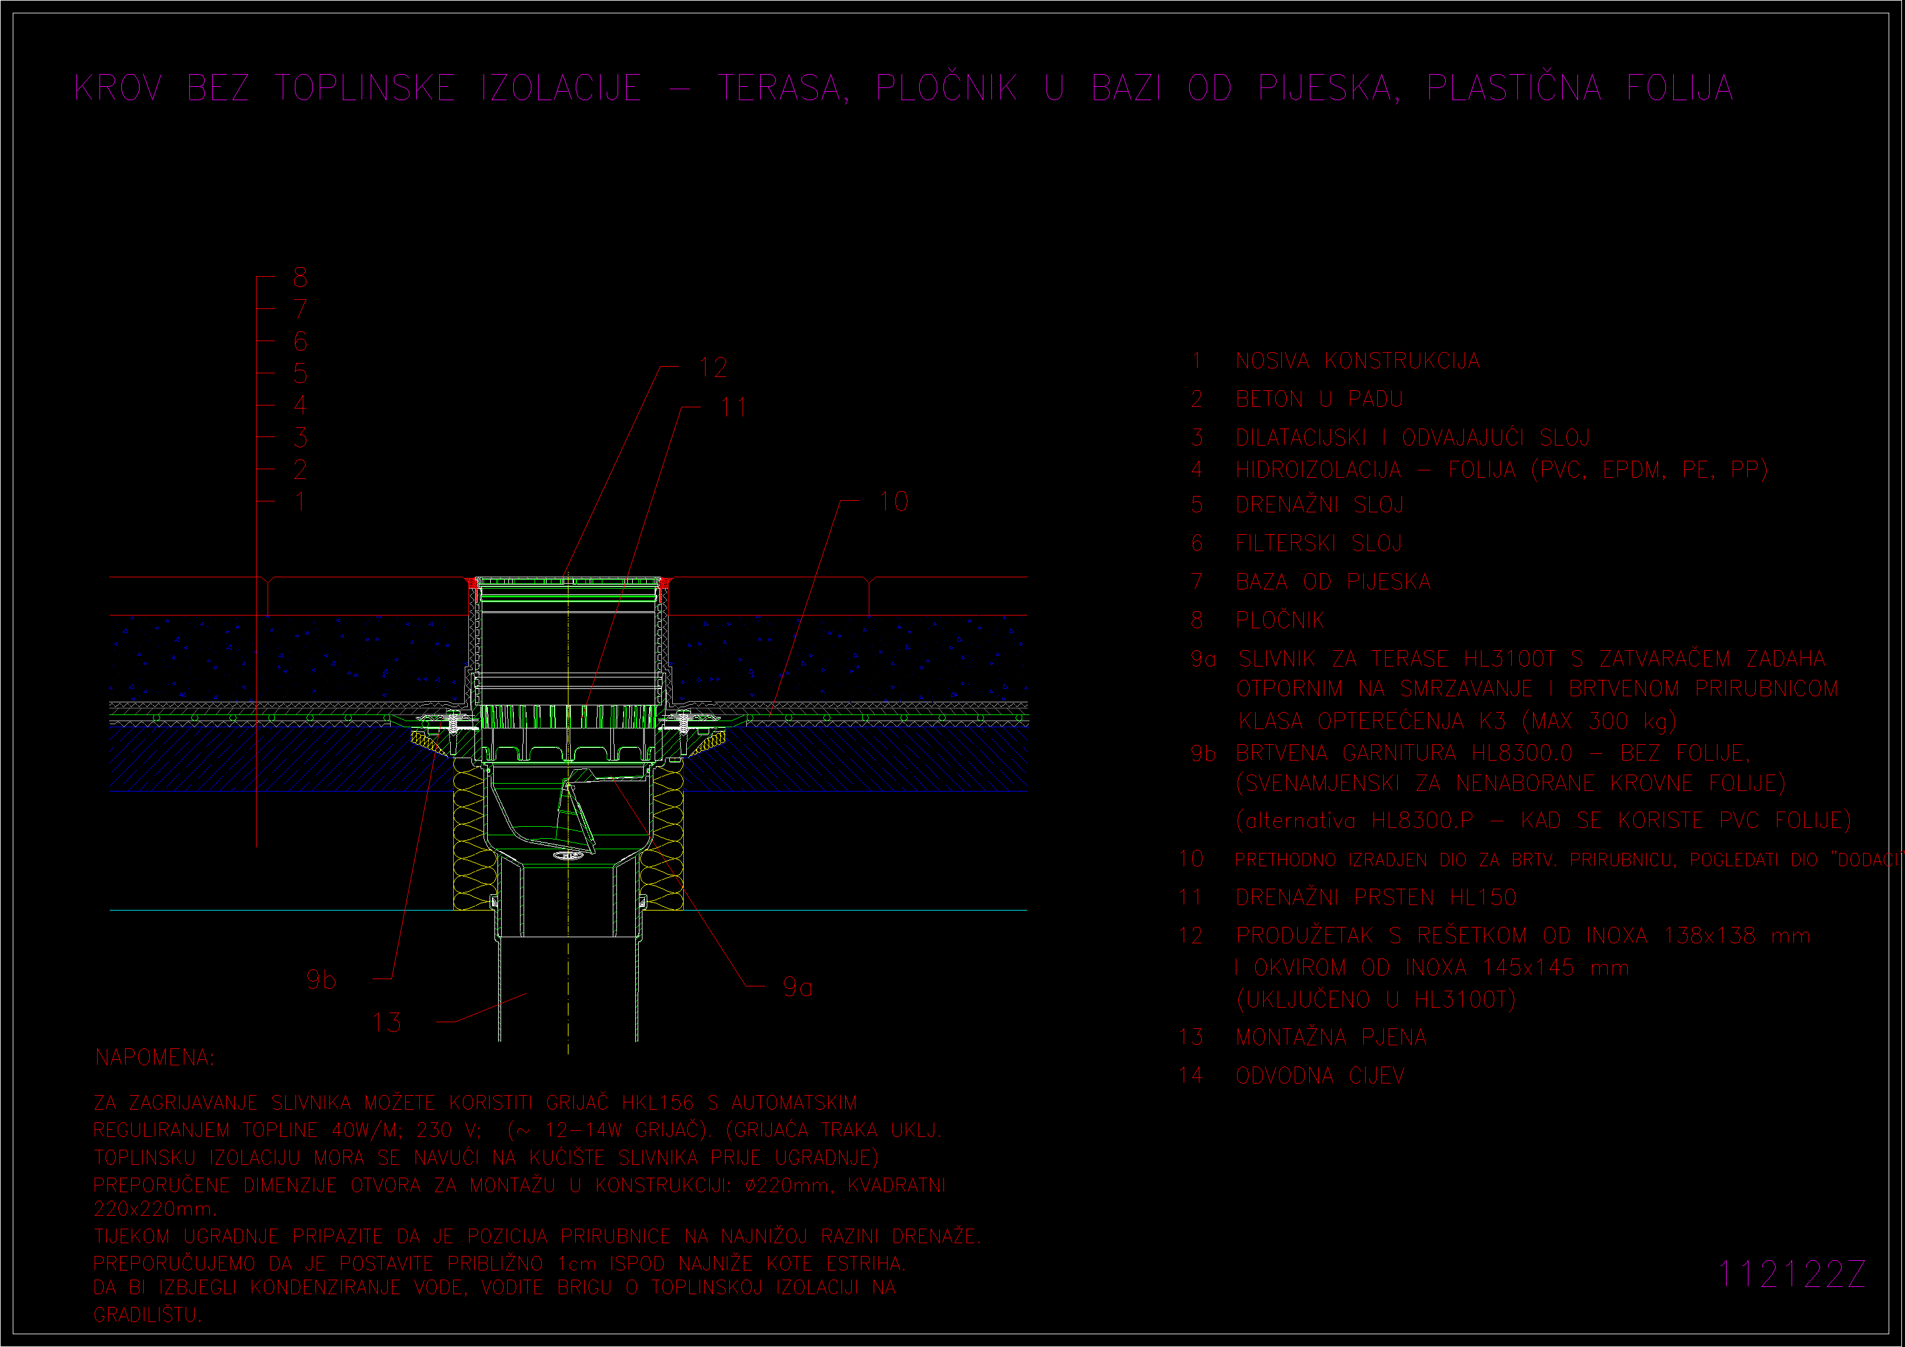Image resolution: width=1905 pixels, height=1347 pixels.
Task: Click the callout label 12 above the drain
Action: click(x=713, y=368)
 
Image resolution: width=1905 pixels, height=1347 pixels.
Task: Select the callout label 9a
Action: click(x=797, y=987)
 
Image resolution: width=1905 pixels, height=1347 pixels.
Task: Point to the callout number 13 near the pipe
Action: click(x=386, y=1022)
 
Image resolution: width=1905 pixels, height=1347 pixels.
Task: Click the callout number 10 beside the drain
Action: click(x=894, y=501)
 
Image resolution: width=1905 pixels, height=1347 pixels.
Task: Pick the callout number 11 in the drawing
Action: click(x=733, y=407)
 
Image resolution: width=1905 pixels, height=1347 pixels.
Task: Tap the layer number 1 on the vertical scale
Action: click(x=300, y=501)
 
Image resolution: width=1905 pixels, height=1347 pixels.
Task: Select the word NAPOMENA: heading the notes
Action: click(x=154, y=1057)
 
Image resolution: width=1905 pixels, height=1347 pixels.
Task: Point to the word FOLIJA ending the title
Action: click(x=1680, y=88)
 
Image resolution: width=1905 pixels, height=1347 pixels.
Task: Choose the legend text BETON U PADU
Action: click(x=1319, y=399)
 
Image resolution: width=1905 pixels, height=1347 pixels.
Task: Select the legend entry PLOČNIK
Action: click(x=1280, y=619)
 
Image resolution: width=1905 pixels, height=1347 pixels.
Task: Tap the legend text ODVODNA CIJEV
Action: click(x=1320, y=1076)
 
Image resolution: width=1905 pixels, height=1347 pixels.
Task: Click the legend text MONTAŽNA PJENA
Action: click(x=1332, y=1037)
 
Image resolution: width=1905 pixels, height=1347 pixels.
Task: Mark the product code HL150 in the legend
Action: click(x=1483, y=897)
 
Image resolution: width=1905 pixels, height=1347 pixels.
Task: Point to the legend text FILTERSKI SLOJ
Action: click(x=1318, y=543)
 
